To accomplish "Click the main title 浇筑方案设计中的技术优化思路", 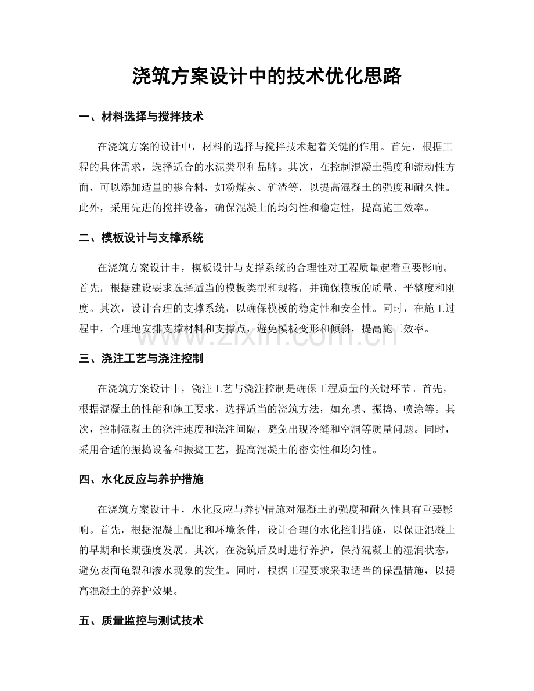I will [x=267, y=75].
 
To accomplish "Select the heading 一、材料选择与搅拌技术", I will [x=140, y=117].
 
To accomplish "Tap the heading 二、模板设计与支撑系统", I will [x=140, y=238].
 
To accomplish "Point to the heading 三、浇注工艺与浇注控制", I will [x=140, y=359].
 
